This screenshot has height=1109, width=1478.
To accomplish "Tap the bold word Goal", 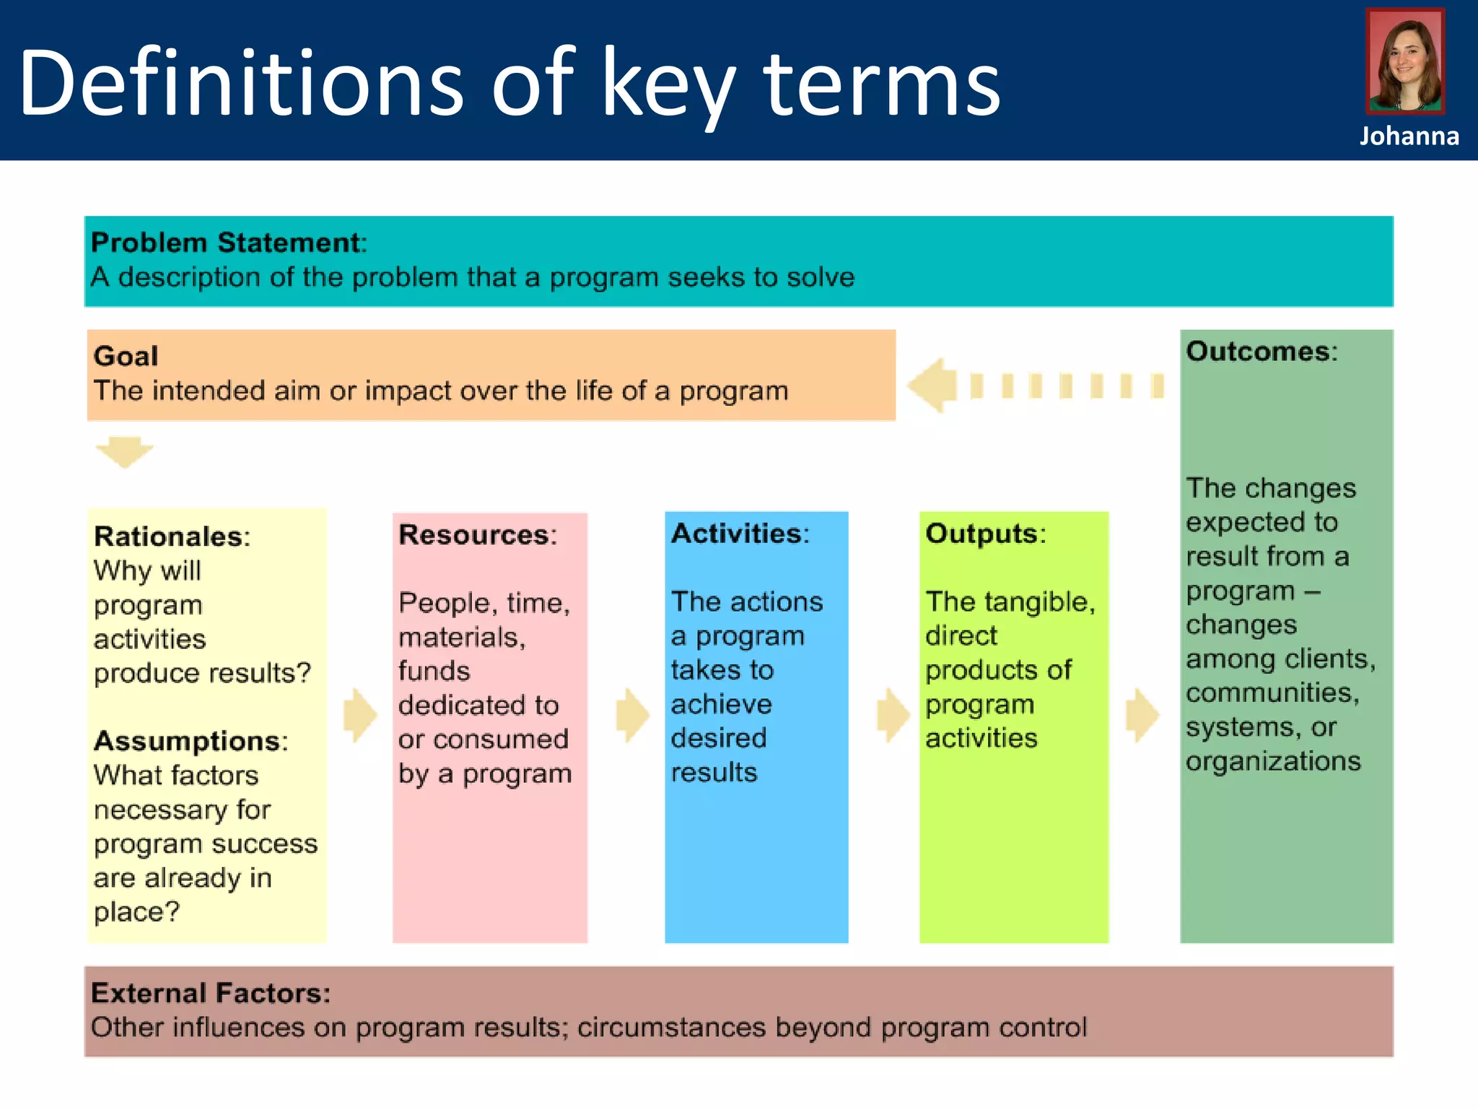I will [x=126, y=356].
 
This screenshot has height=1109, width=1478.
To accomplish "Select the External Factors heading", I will [x=210, y=993].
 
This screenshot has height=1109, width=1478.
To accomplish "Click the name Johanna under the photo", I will [x=1409, y=136].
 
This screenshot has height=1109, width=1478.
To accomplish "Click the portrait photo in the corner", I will [x=1405, y=61].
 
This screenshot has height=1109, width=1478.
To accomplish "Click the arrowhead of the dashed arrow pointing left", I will [x=932, y=386].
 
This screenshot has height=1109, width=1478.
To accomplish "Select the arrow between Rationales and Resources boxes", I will [x=359, y=715].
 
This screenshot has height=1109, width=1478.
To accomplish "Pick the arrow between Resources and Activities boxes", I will [x=632, y=715].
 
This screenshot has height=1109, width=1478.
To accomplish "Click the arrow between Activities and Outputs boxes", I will [x=893, y=715].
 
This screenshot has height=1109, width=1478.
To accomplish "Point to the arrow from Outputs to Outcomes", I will [x=1142, y=715].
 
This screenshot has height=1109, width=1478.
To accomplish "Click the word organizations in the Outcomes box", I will [x=1272, y=761].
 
